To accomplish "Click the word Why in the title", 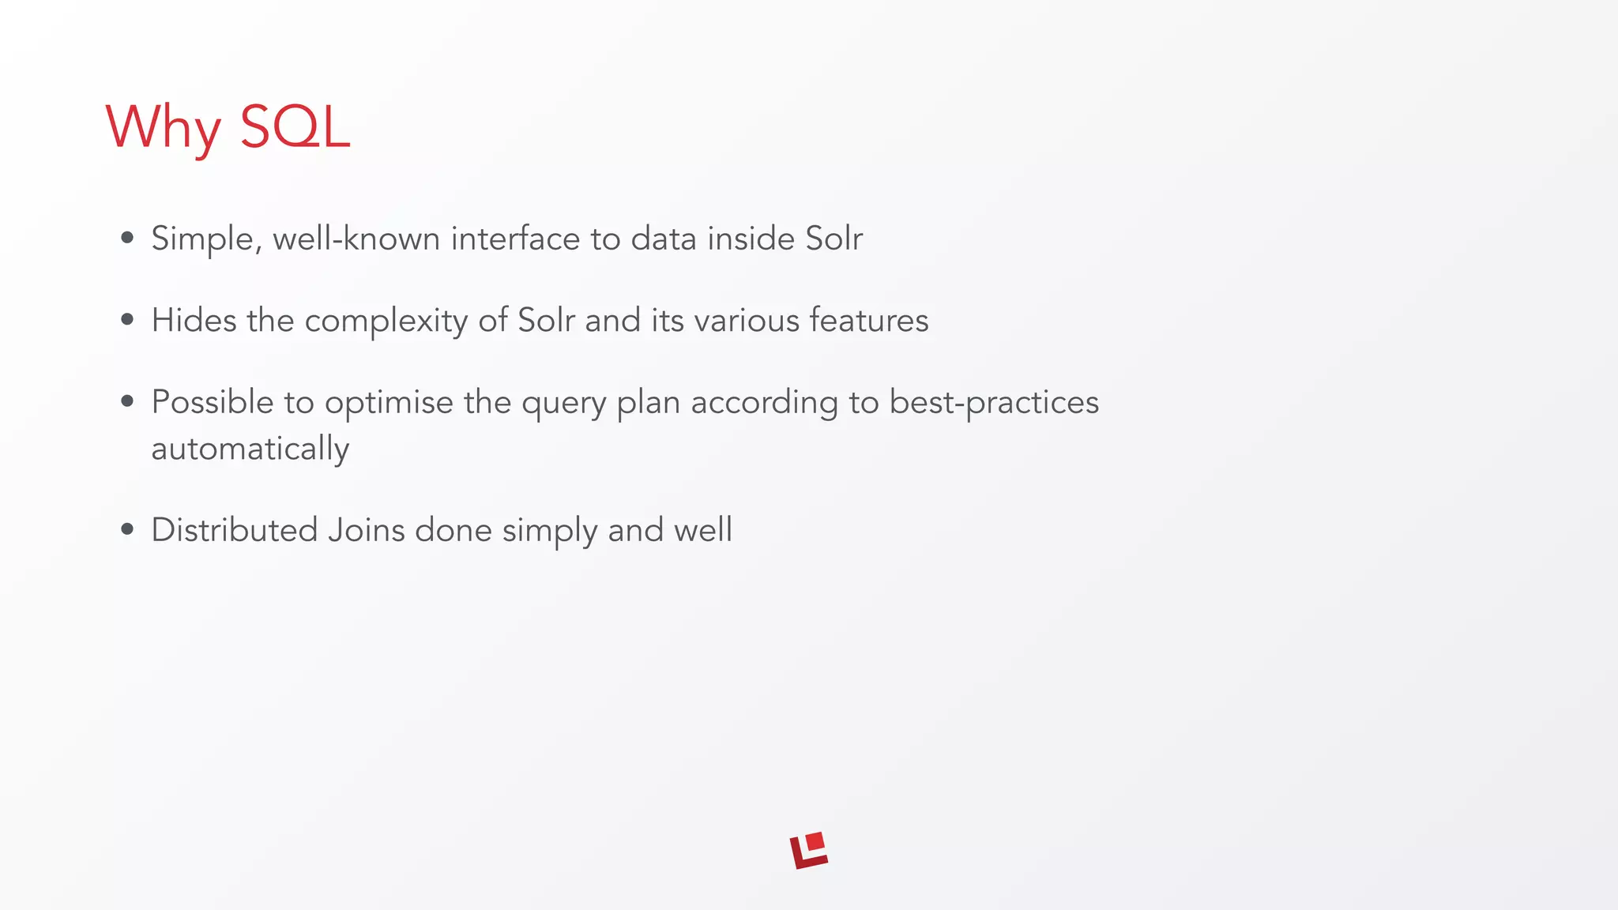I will pos(163,127).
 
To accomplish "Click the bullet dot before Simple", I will pos(127,238).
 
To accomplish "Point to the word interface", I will pos(515,239).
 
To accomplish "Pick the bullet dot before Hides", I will pos(127,320).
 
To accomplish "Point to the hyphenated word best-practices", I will pos(994,403).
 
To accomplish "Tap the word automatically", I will pos(250,449).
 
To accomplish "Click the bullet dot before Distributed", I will pos(127,530).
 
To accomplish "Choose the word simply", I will pos(549,531).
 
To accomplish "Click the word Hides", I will pos(194,321).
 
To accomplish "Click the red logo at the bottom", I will pos(809,850).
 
